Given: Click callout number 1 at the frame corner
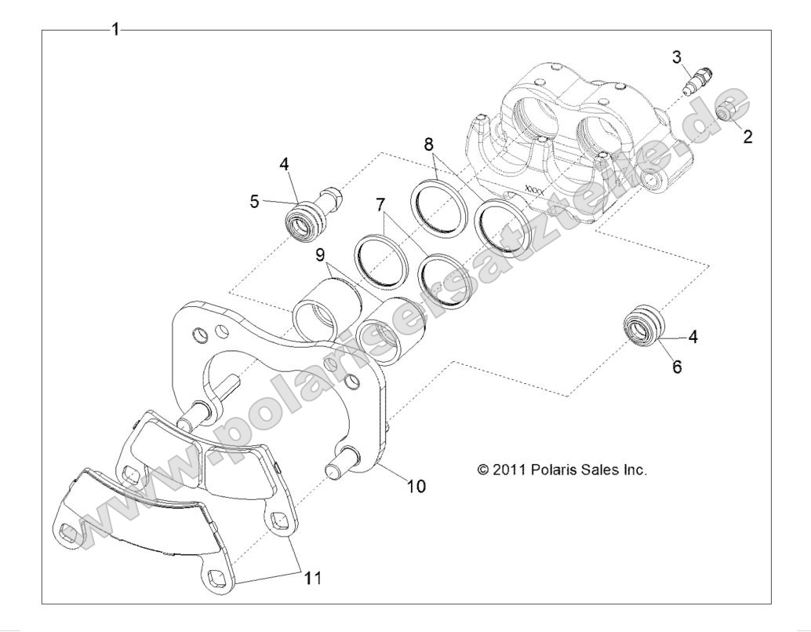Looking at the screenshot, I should (115, 30).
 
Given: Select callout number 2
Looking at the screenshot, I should (747, 137).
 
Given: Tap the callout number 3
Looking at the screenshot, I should (676, 57).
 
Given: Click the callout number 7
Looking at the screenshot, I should (380, 205).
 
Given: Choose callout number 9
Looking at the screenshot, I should (321, 254).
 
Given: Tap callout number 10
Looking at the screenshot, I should (416, 486).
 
